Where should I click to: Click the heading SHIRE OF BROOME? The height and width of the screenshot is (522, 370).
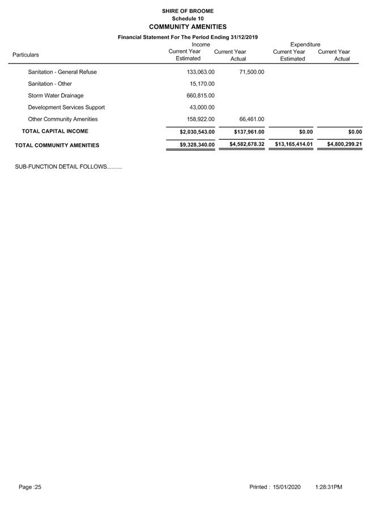188,11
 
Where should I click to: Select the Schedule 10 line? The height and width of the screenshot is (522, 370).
188,19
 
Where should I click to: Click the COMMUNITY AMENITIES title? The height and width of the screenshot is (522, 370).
188,27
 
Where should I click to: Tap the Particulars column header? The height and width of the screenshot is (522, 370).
25,55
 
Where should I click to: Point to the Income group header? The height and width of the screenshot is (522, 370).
201,44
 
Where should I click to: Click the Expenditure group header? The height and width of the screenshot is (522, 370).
305,44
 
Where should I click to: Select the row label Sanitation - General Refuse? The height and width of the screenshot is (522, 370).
62,72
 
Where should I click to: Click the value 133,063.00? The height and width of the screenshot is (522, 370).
201,72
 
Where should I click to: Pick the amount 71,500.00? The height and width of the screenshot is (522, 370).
250,72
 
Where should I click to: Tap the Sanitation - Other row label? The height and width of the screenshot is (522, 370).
50,84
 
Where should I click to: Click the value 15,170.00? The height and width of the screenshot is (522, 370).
202,84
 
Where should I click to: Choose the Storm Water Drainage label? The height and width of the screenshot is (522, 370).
56,96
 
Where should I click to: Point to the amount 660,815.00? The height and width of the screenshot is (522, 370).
201,96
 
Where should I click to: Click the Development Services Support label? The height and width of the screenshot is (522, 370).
66,108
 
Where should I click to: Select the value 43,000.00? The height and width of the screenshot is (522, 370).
202,108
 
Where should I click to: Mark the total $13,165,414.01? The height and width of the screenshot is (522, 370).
294,144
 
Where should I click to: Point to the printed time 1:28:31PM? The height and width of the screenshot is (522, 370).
329,487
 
